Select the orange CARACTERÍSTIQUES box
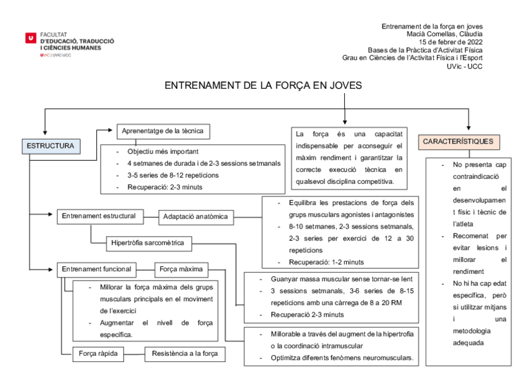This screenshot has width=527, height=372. click(458, 142)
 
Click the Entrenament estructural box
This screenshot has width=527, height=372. click(98, 216)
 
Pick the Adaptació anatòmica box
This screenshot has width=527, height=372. click(196, 217)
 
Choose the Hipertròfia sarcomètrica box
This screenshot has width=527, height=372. click(147, 243)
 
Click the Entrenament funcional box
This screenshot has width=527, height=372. click(96, 269)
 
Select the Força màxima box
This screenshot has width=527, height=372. click(180, 269)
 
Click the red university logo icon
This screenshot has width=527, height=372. click(30, 39)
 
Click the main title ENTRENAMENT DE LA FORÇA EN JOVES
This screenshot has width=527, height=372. click(263, 86)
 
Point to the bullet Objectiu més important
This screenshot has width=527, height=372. click(163, 152)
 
